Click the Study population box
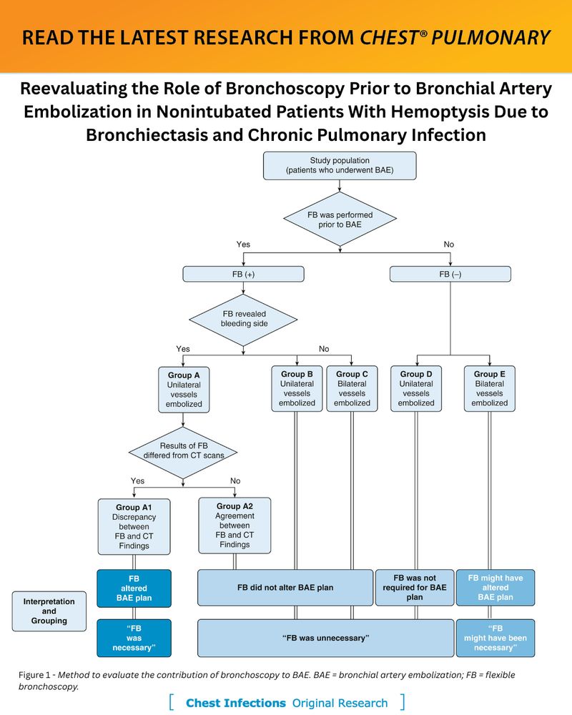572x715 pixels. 340,166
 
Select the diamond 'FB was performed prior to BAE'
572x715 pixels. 340,220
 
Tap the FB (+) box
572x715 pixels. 243,274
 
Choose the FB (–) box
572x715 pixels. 450,274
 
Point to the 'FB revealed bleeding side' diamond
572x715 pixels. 243,319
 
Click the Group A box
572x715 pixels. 184,390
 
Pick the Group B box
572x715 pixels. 297,388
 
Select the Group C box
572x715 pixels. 352,388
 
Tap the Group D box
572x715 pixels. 416,388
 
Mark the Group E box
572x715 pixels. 490,388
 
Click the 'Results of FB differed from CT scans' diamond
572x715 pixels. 183,452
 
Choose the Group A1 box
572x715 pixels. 134,527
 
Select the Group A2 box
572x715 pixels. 235,526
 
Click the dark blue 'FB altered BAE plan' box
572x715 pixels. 134,588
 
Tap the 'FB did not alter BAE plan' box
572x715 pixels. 285,588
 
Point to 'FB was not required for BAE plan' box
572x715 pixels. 415,588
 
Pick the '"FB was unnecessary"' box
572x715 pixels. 326,638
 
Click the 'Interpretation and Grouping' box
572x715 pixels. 49,611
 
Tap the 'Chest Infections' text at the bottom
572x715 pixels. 235,703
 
